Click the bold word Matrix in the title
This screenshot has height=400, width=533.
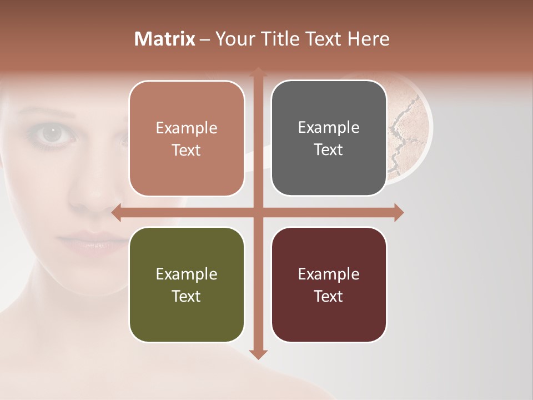(x=165, y=39)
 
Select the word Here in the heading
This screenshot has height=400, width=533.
(x=368, y=39)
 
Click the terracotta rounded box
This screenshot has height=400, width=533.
(x=187, y=138)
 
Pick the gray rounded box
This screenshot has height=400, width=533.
(x=329, y=138)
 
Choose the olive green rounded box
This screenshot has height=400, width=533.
(x=187, y=284)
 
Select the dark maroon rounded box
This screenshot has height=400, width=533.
(x=329, y=284)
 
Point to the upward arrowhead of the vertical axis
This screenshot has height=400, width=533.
(x=258, y=73)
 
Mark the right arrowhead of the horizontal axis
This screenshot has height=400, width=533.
(x=398, y=212)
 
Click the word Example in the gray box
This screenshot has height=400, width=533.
(x=329, y=127)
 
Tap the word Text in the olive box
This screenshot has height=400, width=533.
(x=187, y=296)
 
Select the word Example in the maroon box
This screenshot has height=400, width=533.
(x=329, y=274)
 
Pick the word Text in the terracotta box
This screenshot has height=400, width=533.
(x=187, y=150)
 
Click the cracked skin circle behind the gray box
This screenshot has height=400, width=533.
(x=408, y=128)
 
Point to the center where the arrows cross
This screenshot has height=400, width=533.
(x=258, y=212)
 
